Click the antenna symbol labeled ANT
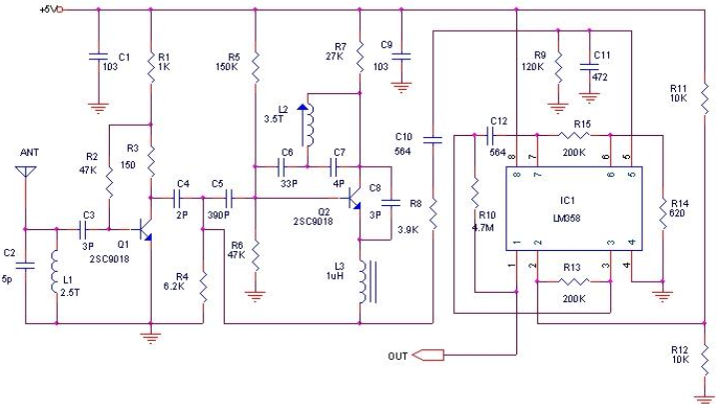click(x=26, y=171)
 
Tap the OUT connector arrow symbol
click(x=428, y=355)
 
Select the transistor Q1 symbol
click(x=145, y=229)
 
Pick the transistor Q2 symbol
click(x=354, y=199)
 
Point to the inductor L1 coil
click(x=55, y=271)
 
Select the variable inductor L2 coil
click(x=311, y=125)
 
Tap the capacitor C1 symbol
click(x=98, y=57)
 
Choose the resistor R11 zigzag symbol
click(x=705, y=99)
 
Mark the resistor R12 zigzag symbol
click(x=705, y=359)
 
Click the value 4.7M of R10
click(x=482, y=228)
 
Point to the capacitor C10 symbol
click(x=432, y=139)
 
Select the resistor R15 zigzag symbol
click(x=574, y=135)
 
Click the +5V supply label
click(x=48, y=10)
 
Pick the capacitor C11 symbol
click(x=589, y=67)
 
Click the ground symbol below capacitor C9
click(x=401, y=88)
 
